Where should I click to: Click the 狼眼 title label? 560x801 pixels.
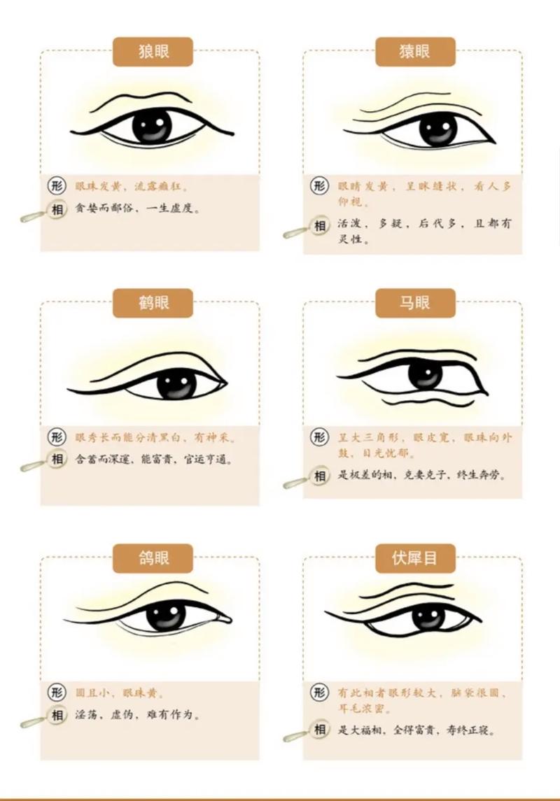pyautogui.click(x=153, y=51)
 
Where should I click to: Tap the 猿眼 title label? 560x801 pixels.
pyautogui.click(x=415, y=51)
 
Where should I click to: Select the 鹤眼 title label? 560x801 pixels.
pyautogui.click(x=153, y=303)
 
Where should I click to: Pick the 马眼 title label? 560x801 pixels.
pyautogui.click(x=415, y=303)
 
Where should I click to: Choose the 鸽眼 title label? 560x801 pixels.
pyautogui.click(x=153, y=558)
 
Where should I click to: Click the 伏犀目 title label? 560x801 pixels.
pyautogui.click(x=415, y=558)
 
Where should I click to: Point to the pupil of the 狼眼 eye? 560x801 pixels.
pyautogui.click(x=153, y=126)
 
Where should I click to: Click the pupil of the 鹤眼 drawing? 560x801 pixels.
pyautogui.click(x=176, y=383)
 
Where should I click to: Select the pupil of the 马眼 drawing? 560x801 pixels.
pyautogui.click(x=425, y=375)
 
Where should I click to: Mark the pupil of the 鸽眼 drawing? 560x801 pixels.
pyautogui.click(x=167, y=615)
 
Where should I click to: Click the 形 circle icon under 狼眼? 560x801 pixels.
pyautogui.click(x=57, y=186)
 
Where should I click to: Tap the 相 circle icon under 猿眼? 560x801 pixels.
pyautogui.click(x=320, y=226)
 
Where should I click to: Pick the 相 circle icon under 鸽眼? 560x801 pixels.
pyautogui.click(x=57, y=716)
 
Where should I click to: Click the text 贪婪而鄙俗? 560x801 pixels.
pyautogui.click(x=104, y=208)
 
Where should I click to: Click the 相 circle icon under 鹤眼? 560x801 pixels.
pyautogui.click(x=57, y=460)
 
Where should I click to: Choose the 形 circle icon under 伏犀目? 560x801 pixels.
pyautogui.click(x=320, y=693)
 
